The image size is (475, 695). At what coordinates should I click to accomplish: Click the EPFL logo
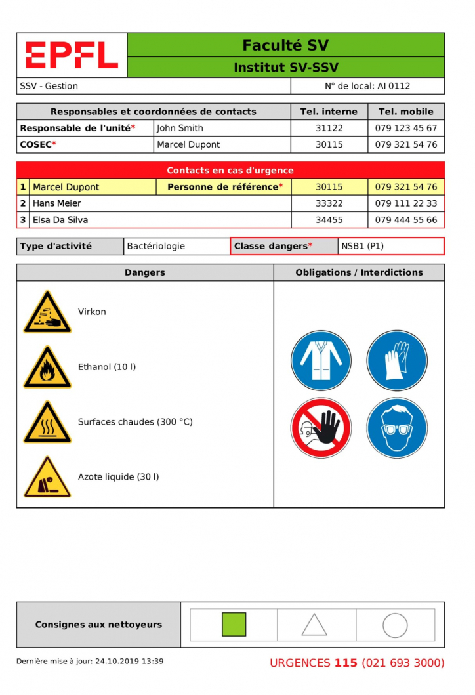click(x=72, y=55)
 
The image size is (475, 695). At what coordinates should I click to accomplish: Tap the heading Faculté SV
click(x=285, y=45)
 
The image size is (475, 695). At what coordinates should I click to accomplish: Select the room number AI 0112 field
click(x=367, y=86)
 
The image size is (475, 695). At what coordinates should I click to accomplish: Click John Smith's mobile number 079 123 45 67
click(x=406, y=128)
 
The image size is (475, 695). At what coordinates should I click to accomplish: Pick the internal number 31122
click(x=329, y=128)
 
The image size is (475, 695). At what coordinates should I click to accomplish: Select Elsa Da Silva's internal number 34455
click(x=329, y=220)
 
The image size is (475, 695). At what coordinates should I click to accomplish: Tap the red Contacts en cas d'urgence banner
click(x=230, y=171)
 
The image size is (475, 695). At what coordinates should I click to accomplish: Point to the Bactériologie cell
click(x=156, y=247)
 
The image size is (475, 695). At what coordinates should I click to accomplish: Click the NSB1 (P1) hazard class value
click(x=363, y=247)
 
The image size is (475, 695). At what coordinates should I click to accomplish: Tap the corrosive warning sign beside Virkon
click(x=47, y=312)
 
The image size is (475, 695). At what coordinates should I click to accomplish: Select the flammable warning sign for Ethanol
click(x=47, y=368)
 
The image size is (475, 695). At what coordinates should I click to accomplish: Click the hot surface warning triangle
click(x=47, y=423)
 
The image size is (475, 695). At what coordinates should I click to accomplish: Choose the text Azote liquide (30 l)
click(x=118, y=477)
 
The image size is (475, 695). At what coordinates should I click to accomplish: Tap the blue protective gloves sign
click(x=397, y=360)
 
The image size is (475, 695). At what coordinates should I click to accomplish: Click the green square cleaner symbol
click(x=234, y=625)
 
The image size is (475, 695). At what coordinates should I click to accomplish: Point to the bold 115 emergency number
click(x=346, y=663)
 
